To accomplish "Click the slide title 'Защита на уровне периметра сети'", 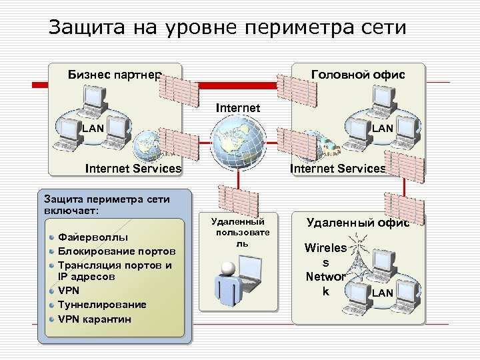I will pyautogui.click(x=227, y=27).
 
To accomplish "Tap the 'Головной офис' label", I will pyautogui.click(x=359, y=74).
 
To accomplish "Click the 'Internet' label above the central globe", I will pyautogui.click(x=238, y=107).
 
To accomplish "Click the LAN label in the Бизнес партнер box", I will pyautogui.click(x=92, y=127).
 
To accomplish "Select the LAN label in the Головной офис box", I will pyautogui.click(x=383, y=127).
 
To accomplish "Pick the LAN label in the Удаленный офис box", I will pyautogui.click(x=383, y=292).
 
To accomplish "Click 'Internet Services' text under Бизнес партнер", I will pyautogui.click(x=133, y=169).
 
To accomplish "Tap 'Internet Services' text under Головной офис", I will pyautogui.click(x=338, y=169).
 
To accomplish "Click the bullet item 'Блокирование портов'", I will pyautogui.click(x=117, y=251).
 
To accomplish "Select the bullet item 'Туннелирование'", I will pyautogui.click(x=102, y=305).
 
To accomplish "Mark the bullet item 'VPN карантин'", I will pyautogui.click(x=95, y=319).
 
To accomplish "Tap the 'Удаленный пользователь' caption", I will pyautogui.click(x=238, y=232).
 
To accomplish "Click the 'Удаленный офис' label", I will pyautogui.click(x=358, y=223).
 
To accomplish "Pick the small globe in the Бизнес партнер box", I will pyautogui.click(x=147, y=145).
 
